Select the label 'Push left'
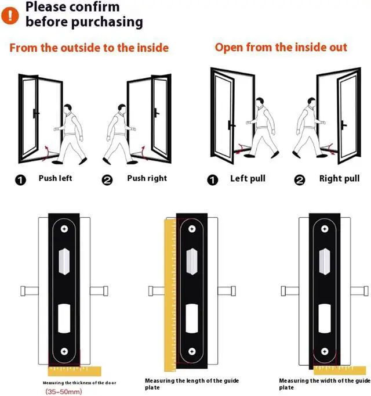coord(56,178)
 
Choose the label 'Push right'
coord(147,178)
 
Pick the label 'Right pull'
coord(340,178)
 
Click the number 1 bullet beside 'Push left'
coord(21,180)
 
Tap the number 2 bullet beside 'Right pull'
coord(300,180)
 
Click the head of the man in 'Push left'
coord(68,109)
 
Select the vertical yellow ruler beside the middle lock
coord(170,290)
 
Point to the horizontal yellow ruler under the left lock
coord(72,370)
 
